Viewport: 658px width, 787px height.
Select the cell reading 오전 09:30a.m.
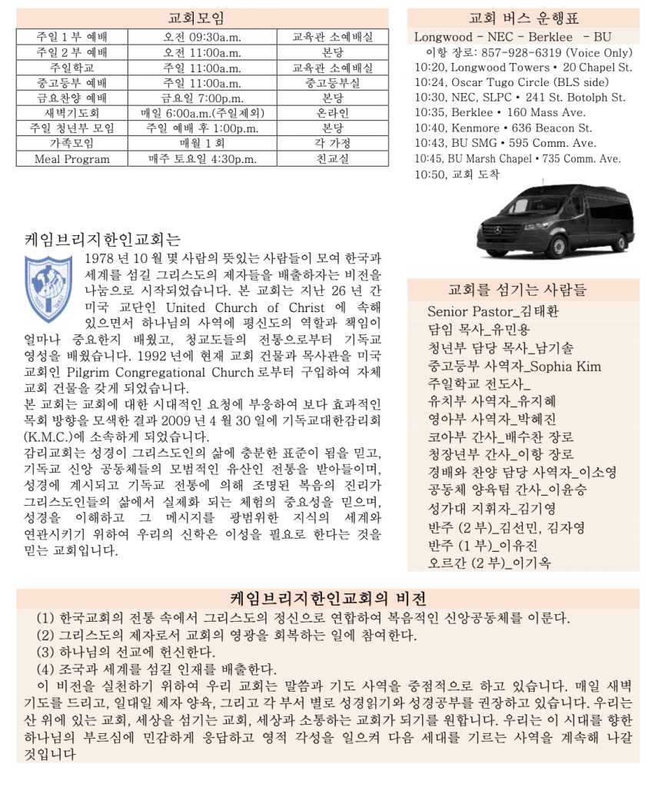coord(202,37)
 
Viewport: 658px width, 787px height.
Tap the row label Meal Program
coord(71,159)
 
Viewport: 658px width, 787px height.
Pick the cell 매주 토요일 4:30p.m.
coord(202,159)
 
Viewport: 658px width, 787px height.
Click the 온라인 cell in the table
coord(332,113)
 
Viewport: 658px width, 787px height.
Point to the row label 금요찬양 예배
coord(71,98)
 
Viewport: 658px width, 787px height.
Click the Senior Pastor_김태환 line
coord(493,311)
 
